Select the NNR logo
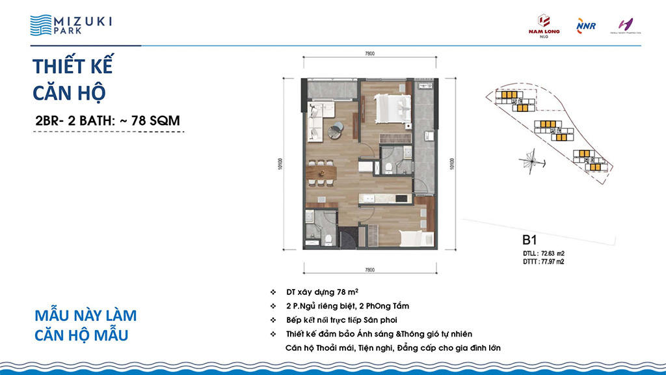pos(581,25)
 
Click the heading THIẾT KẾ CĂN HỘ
pos(73,79)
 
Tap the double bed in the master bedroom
pos(392,106)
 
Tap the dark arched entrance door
pos(349,238)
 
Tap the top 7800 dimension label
pos(369,55)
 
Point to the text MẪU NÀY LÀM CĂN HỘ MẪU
pos(85,326)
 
